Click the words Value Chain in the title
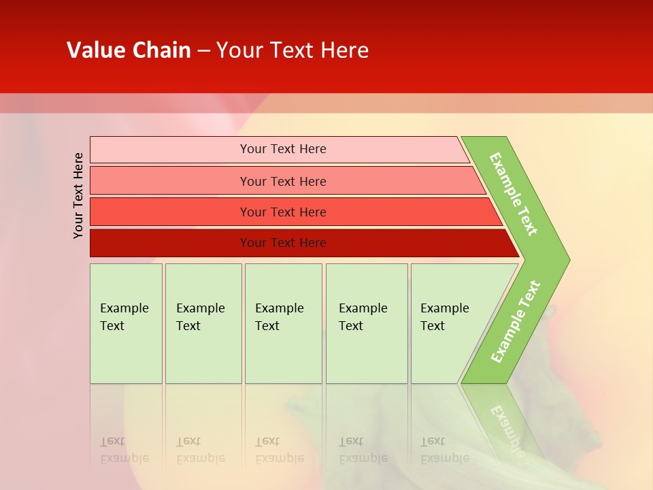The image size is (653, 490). pyautogui.click(x=129, y=50)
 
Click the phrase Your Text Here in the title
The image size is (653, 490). pyautogui.click(x=292, y=50)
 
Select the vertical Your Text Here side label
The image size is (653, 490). pyautogui.click(x=78, y=195)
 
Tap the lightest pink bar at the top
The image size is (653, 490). pyautogui.click(x=170, y=150)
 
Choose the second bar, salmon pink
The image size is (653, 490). pyautogui.click(x=170, y=181)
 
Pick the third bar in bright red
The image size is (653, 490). pyautogui.click(x=170, y=212)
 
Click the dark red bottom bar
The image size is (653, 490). pyautogui.click(x=170, y=243)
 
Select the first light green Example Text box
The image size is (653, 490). pyautogui.click(x=126, y=323)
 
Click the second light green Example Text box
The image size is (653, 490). pyautogui.click(x=203, y=323)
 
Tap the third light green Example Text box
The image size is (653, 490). pyautogui.click(x=282, y=323)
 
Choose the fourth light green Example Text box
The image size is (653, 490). pyautogui.click(x=366, y=323)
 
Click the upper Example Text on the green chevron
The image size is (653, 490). pyautogui.click(x=514, y=194)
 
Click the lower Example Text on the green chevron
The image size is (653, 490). pyautogui.click(x=516, y=322)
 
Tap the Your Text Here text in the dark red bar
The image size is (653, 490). pyautogui.click(x=283, y=243)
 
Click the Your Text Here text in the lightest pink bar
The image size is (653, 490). pyautogui.click(x=283, y=149)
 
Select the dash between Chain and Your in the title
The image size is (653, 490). pyautogui.click(x=203, y=51)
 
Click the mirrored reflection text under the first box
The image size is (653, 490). pyautogui.click(x=124, y=450)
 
